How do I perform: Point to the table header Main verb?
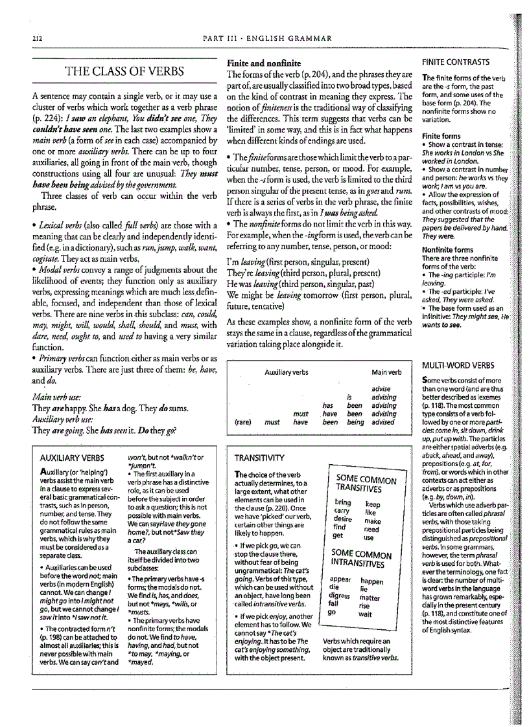pyautogui.click(x=386, y=373)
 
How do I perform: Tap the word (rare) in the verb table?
pyautogui.click(x=243, y=421)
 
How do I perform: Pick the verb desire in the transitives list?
pyautogui.click(x=344, y=519)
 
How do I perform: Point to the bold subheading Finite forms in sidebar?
pyautogui.click(x=441, y=136)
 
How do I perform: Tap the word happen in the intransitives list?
pyautogui.click(x=372, y=582)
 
